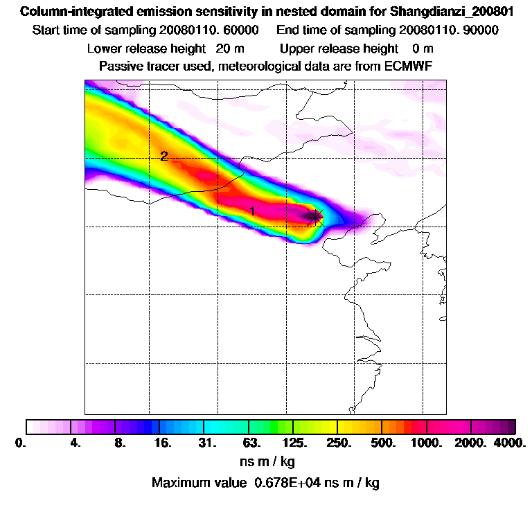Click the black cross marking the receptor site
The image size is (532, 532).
coord(315,216)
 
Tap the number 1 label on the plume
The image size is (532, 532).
coord(253,211)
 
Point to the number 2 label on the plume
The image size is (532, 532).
coord(163,157)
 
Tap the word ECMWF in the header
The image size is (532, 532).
coord(408,66)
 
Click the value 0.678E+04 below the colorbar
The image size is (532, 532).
coord(289,483)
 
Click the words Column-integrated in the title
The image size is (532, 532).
coord(74,12)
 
